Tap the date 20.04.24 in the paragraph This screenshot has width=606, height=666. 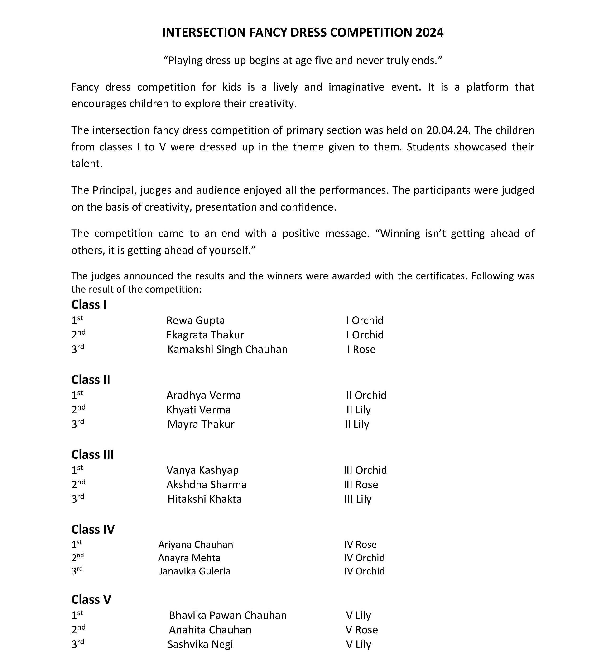447,130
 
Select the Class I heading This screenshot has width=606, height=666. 89,304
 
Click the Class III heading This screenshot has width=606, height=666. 92,454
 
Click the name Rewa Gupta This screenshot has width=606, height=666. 196,320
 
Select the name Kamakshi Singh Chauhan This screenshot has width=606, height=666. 227,349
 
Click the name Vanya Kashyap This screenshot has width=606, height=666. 202,470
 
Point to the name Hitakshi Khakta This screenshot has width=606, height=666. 204,499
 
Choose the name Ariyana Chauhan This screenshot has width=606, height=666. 196,545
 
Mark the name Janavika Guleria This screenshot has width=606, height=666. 195,571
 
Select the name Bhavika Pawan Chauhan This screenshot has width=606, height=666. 227,615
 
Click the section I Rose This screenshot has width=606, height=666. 361,349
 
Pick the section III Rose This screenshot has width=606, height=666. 361,485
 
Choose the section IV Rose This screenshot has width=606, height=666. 360,545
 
